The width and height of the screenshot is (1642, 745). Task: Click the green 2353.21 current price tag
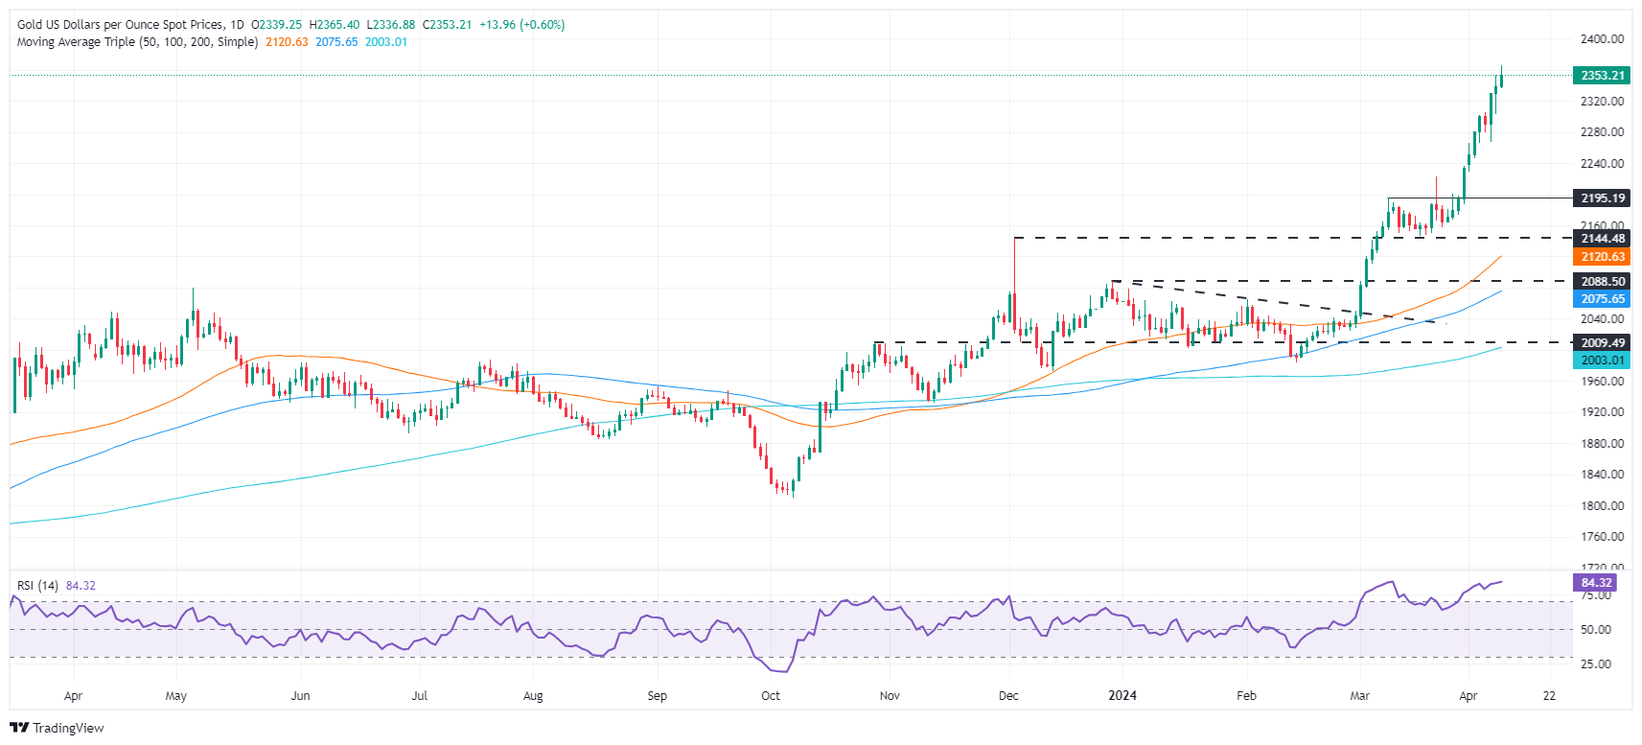[x=1601, y=75]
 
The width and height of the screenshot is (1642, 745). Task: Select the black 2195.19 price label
[x=1601, y=198]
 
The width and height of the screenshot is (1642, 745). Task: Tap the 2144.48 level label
[x=1601, y=239]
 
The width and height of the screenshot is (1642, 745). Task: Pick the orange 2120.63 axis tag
[x=1601, y=257]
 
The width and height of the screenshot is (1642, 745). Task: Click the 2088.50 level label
[x=1601, y=281]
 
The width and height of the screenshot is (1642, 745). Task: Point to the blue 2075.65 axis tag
[x=1601, y=299]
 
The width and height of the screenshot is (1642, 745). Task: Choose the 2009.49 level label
[x=1601, y=342]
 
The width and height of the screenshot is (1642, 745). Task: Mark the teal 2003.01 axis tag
[x=1601, y=361]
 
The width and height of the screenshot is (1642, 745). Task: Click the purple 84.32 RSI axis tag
[x=1596, y=583]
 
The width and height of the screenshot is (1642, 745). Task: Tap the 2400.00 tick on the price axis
[x=1602, y=39]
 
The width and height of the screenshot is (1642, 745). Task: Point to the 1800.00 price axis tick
[x=1602, y=505]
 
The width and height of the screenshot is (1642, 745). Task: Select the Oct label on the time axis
[x=771, y=696]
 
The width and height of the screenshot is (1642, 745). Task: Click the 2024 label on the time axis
[x=1122, y=696]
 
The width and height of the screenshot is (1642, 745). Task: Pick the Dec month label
[x=1008, y=696]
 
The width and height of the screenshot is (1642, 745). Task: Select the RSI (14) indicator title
[x=38, y=586]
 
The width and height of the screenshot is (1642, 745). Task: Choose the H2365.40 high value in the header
[x=335, y=25]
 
